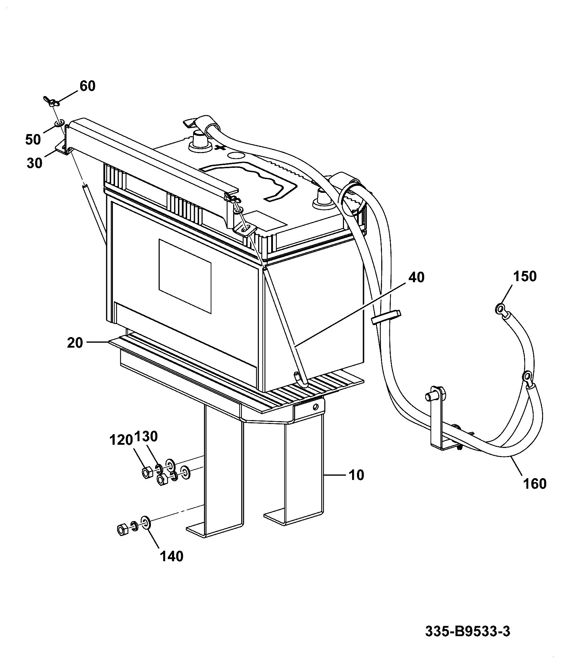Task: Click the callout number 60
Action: point(88,86)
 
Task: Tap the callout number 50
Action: point(33,140)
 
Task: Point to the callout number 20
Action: point(75,342)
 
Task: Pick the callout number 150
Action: point(525,276)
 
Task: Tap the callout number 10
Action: point(356,475)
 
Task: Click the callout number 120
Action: point(121,440)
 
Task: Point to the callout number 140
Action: point(172,556)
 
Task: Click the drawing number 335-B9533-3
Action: point(468,631)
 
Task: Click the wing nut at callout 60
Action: point(51,102)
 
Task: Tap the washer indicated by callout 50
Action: point(59,123)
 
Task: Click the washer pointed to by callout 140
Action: point(146,522)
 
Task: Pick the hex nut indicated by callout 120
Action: point(146,472)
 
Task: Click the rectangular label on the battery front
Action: point(185,276)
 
